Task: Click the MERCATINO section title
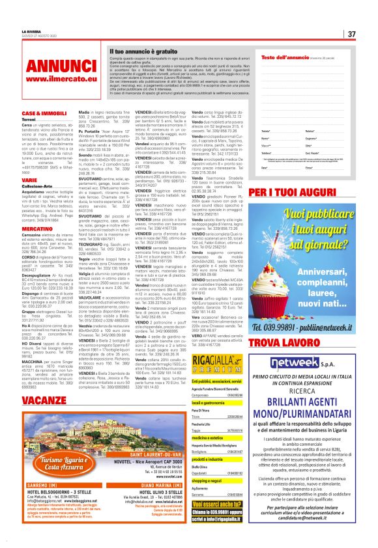click(x=37, y=229)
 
